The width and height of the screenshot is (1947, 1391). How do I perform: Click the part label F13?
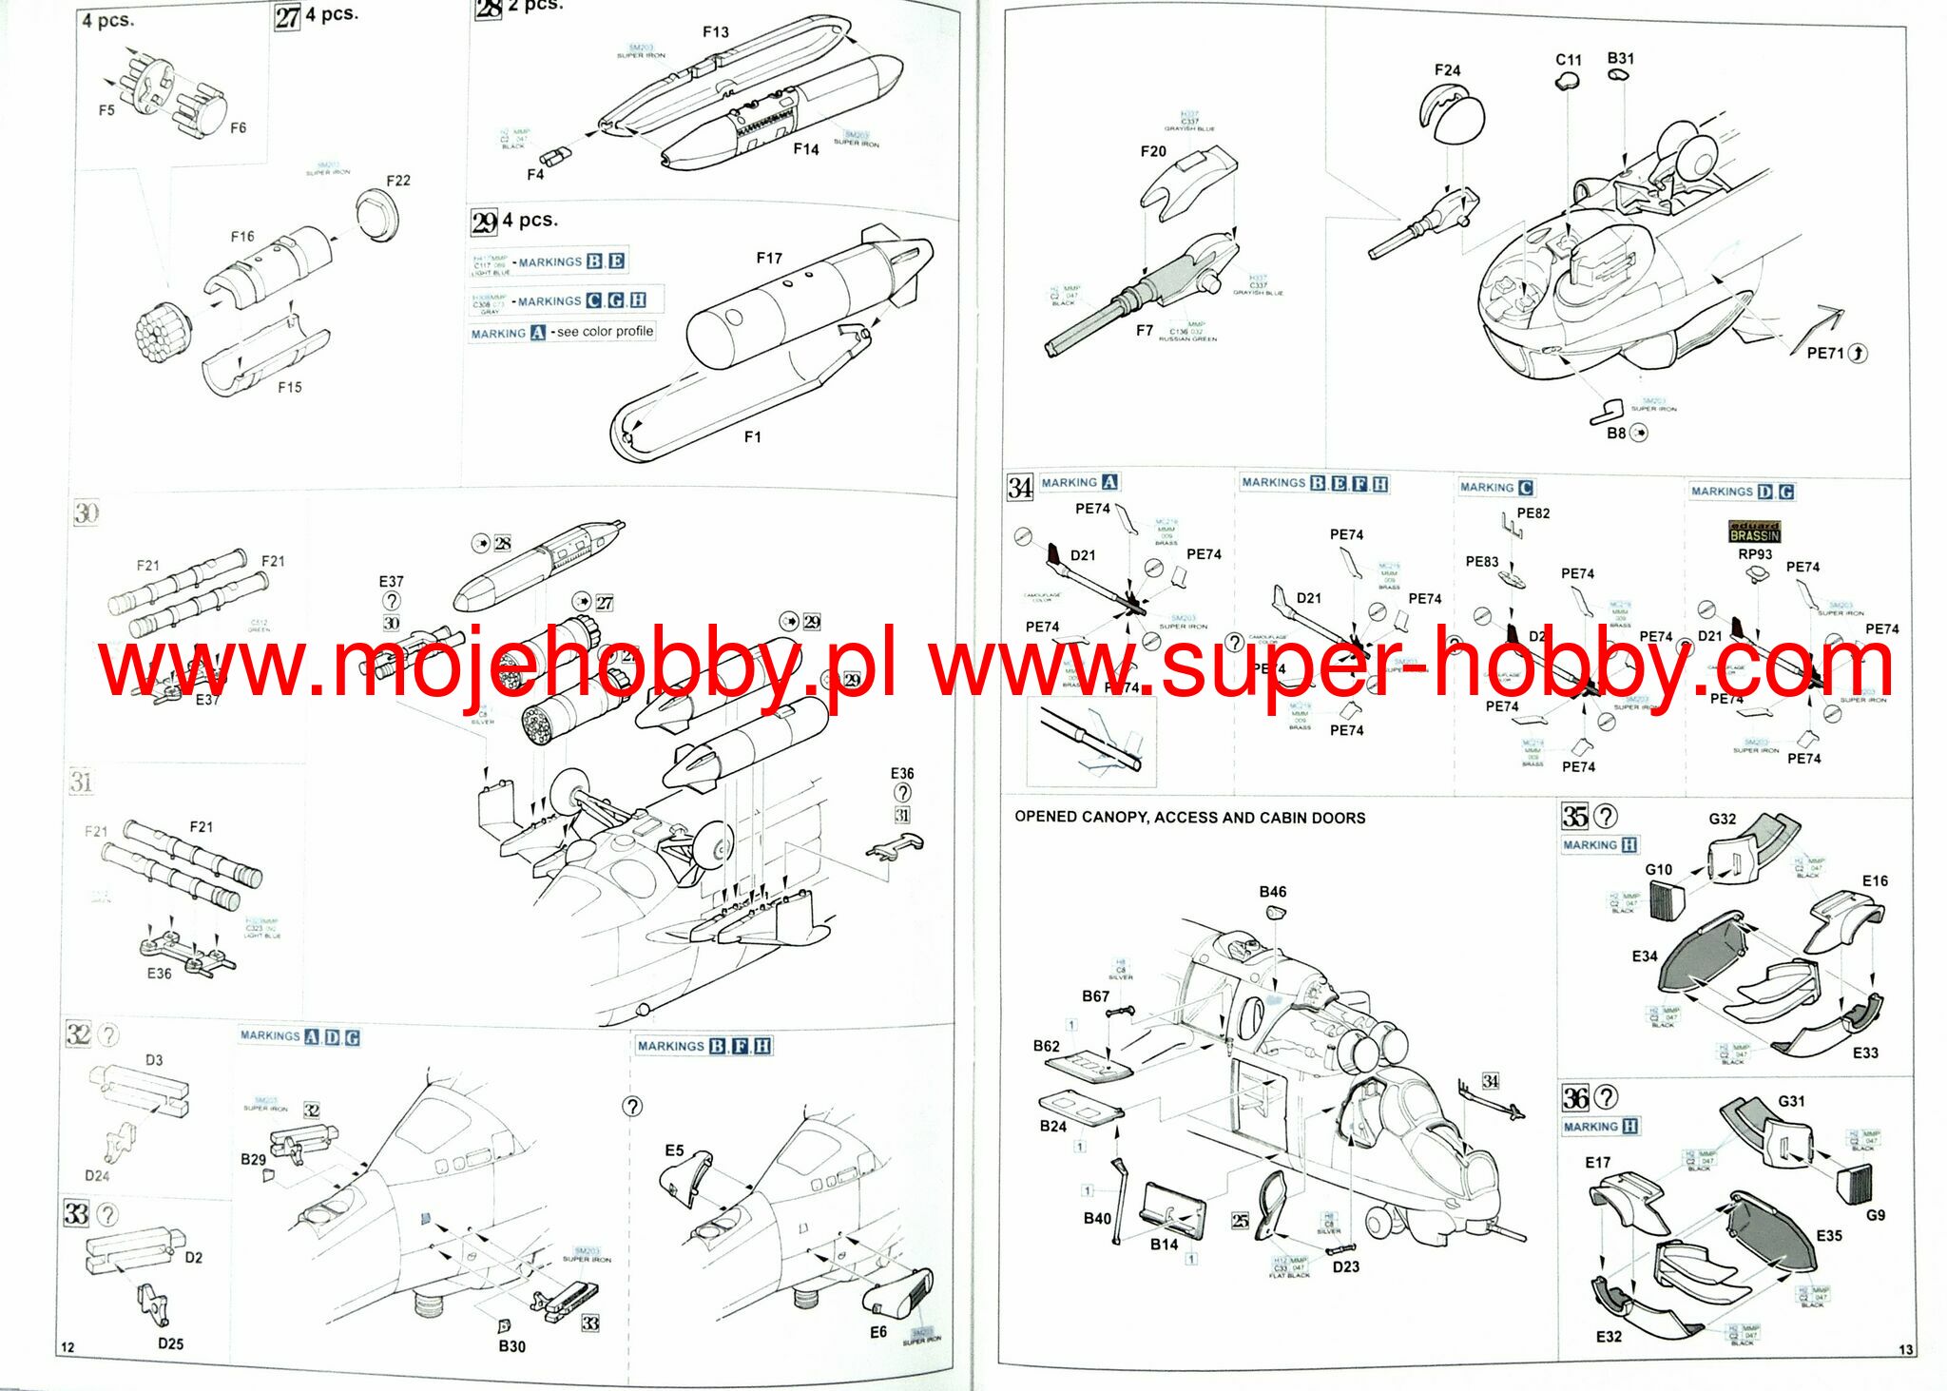(715, 32)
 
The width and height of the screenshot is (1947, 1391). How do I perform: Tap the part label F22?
(398, 181)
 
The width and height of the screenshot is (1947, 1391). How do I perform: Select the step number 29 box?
(484, 222)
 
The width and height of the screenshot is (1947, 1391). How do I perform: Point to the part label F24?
(1447, 70)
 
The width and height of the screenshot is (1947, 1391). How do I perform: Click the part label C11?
(1569, 60)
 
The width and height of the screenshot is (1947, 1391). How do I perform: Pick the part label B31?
(1621, 59)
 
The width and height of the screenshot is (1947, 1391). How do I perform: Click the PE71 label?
(1825, 353)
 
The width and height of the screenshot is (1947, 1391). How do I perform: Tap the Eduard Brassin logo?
(1754, 531)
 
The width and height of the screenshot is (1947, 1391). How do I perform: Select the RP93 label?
(1755, 554)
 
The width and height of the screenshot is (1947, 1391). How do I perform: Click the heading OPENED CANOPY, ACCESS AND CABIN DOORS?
(1189, 818)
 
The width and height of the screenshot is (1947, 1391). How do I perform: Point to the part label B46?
(1272, 892)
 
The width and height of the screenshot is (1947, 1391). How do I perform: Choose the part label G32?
(1722, 819)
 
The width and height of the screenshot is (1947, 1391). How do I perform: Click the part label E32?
(1609, 1336)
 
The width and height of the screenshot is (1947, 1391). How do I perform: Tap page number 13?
(1905, 1350)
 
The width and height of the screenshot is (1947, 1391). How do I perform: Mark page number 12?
(67, 1347)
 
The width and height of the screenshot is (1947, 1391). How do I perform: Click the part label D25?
(170, 1343)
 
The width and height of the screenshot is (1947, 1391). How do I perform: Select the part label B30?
(511, 1346)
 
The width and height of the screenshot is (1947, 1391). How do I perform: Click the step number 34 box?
(1019, 488)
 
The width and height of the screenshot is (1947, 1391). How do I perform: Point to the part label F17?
(769, 258)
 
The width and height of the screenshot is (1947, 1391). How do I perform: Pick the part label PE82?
(1533, 513)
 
